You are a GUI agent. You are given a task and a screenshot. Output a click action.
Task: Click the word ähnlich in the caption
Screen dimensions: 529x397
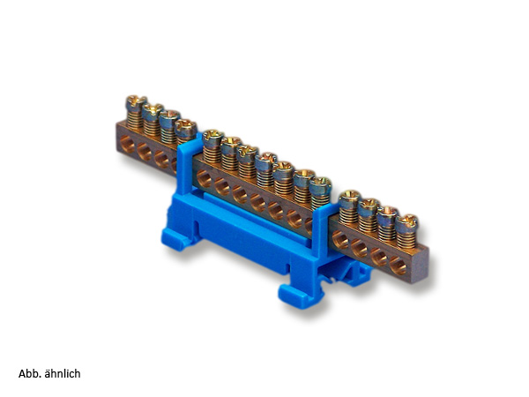(63, 374)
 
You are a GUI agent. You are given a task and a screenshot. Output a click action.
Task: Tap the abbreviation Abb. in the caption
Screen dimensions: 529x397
(30, 374)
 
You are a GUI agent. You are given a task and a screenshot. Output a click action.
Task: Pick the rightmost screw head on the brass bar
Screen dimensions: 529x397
(406, 221)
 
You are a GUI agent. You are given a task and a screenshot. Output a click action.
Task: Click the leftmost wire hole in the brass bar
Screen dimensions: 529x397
(127, 144)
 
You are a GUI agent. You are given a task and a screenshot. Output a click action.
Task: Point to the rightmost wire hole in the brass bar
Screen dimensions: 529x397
(399, 266)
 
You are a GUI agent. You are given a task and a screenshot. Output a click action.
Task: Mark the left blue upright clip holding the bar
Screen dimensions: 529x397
(185, 166)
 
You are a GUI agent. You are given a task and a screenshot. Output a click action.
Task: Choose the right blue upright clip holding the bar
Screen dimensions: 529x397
(322, 229)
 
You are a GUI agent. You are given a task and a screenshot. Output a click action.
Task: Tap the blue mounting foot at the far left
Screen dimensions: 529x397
(177, 238)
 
